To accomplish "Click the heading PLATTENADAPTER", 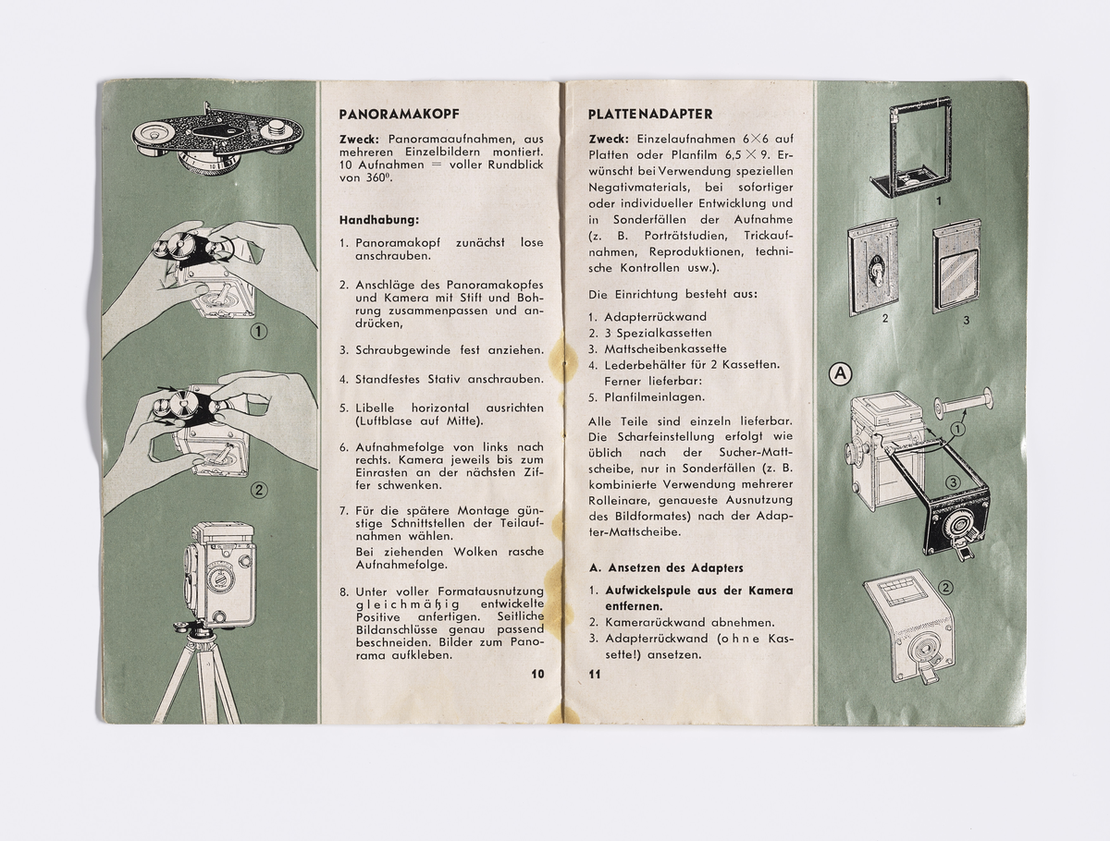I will tap(650, 115).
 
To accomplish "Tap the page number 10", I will tap(537, 674).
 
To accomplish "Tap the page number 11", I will tap(594, 674).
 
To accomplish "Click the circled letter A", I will tap(839, 374).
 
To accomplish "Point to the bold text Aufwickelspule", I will tap(649, 590).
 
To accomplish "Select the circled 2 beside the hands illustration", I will tap(258, 491).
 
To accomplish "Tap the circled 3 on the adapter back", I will tap(951, 481).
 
